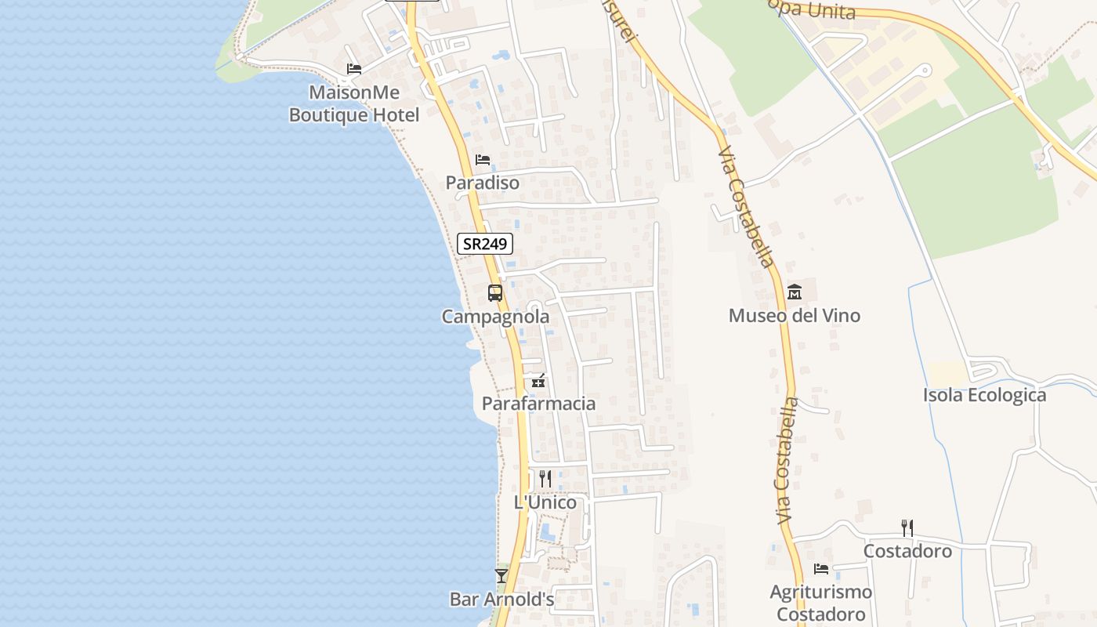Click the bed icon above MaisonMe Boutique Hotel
coord(354,69)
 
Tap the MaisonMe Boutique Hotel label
coord(354,103)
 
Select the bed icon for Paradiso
coord(483,160)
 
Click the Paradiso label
coord(483,183)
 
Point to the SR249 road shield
coord(485,244)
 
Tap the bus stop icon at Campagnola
coord(495,293)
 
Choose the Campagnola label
coord(495,317)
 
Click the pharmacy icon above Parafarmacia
coord(538,382)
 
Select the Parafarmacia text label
coord(538,404)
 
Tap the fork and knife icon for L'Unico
coord(545,478)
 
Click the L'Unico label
coord(545,502)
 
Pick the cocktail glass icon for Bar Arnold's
coord(501,576)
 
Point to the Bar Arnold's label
coord(501,600)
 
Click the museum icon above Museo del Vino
coord(795,292)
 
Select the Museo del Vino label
coord(795,316)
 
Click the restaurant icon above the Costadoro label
coord(907,527)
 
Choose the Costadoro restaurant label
coord(907,551)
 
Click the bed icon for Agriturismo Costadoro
coord(821,569)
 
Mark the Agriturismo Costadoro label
coord(821,603)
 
